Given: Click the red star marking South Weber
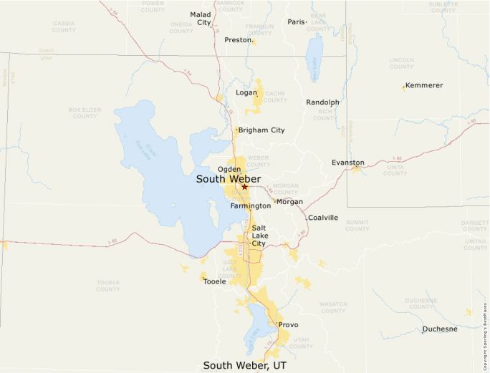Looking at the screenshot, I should coord(244,187).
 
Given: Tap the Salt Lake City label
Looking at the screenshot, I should coord(259,235).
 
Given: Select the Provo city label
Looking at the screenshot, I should coord(288,325).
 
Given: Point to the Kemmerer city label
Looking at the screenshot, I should coord(424,85).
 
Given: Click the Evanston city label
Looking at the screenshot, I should coord(347,163).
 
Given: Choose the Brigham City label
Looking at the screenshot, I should coord(261,130).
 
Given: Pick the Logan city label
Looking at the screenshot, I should coord(246,92).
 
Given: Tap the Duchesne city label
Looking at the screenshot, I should coord(440,329).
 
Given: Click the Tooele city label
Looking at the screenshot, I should coord(214,281).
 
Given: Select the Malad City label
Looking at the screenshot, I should coord(201,18).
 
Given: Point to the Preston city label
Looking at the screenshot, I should coord(237,40).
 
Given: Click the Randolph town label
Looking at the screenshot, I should coord(322,102).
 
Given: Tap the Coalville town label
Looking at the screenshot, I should coord(322,218).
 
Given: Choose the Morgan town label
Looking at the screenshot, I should coord(290,202).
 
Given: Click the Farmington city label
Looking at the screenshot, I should coord(251,205).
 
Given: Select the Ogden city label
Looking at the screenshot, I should coord(229,169).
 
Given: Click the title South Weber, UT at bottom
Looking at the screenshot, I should coord(244,365).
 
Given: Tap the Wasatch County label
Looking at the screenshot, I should coord(333,307).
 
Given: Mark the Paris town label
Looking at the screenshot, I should coord(296,22).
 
